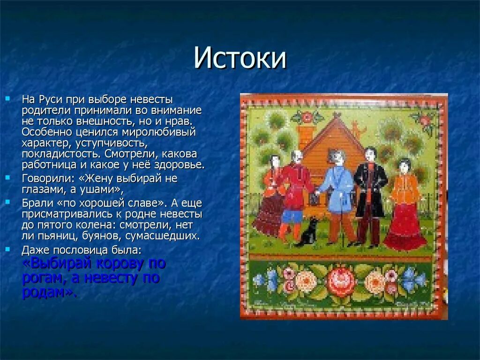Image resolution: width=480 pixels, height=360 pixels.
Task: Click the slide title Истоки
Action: click(x=240, y=58)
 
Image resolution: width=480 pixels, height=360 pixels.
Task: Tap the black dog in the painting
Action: click(x=308, y=232)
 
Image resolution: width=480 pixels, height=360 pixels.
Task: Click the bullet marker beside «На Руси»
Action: click(x=7, y=99)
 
